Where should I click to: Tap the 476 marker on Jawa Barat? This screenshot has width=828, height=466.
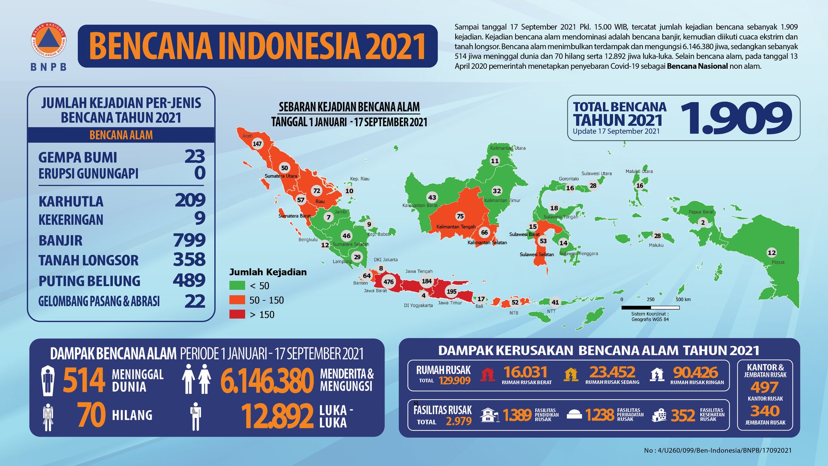(x=389, y=282)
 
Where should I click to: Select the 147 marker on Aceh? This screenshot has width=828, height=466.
(x=257, y=144)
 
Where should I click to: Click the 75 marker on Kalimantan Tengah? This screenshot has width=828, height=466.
(x=460, y=216)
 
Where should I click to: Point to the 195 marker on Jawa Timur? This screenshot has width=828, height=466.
(x=452, y=291)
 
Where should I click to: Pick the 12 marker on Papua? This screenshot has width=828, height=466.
(x=771, y=253)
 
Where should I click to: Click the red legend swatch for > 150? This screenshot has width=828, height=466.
(x=237, y=314)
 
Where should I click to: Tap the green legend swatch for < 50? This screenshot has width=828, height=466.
(x=237, y=286)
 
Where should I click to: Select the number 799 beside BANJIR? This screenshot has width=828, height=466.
(x=189, y=240)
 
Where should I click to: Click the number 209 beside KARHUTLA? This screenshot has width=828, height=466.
(x=190, y=200)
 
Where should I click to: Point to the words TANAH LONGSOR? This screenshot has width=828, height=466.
(x=89, y=260)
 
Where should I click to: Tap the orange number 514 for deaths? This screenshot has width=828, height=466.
(x=84, y=380)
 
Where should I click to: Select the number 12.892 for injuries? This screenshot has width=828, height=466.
(x=277, y=416)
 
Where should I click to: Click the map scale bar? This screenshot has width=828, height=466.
(x=650, y=308)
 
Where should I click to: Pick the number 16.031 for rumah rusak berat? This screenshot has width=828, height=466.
(x=525, y=372)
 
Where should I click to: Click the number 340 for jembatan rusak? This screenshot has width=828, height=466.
(x=765, y=411)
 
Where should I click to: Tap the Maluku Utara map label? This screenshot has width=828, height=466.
(x=639, y=172)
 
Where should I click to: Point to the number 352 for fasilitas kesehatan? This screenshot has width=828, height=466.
(x=683, y=415)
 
